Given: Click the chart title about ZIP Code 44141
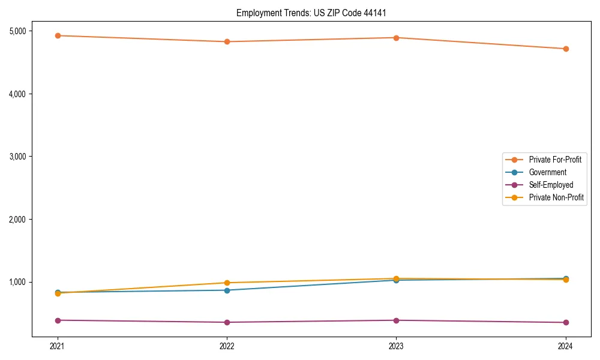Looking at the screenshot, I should [x=315, y=13].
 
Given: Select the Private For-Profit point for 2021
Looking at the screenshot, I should [x=58, y=35].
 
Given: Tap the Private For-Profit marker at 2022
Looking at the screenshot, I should [x=227, y=41].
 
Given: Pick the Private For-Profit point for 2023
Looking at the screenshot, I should [x=396, y=38].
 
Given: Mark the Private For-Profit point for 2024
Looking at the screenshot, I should [x=566, y=49].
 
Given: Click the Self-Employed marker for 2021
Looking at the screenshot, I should [x=58, y=320].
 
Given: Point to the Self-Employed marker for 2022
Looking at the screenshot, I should [x=227, y=322].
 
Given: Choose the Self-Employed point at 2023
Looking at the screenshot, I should [x=396, y=320].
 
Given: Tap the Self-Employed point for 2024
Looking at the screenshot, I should [x=566, y=322].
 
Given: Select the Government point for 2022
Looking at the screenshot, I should [x=227, y=290].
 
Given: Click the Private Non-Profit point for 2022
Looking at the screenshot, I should [x=227, y=283].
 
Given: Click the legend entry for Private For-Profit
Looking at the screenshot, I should [x=555, y=160].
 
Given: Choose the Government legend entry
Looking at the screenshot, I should [x=547, y=172].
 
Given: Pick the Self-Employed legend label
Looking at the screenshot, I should [x=551, y=185].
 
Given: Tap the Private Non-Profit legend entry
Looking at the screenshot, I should [x=556, y=197].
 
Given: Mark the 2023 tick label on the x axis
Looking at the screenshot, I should [x=396, y=346].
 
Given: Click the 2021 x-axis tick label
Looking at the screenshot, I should [x=58, y=346].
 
